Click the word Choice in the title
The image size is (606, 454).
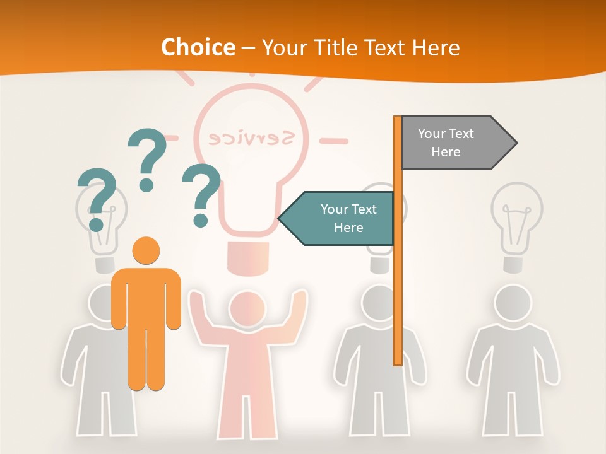pyautogui.click(x=198, y=47)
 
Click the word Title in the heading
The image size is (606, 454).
pyautogui.click(x=332, y=47)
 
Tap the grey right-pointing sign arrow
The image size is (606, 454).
pyautogui.click(x=458, y=143)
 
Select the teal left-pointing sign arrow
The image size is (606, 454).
pyautogui.click(x=338, y=218)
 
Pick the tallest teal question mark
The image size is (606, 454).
pyautogui.click(x=147, y=158)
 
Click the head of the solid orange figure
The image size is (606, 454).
pyautogui.click(x=146, y=250)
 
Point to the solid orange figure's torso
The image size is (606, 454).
pyautogui.click(x=146, y=296)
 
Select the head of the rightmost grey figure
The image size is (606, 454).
pyautogui.click(x=513, y=303)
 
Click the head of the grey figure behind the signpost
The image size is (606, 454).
pyautogui.click(x=379, y=303)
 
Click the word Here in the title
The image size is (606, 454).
pyautogui.click(x=436, y=47)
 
